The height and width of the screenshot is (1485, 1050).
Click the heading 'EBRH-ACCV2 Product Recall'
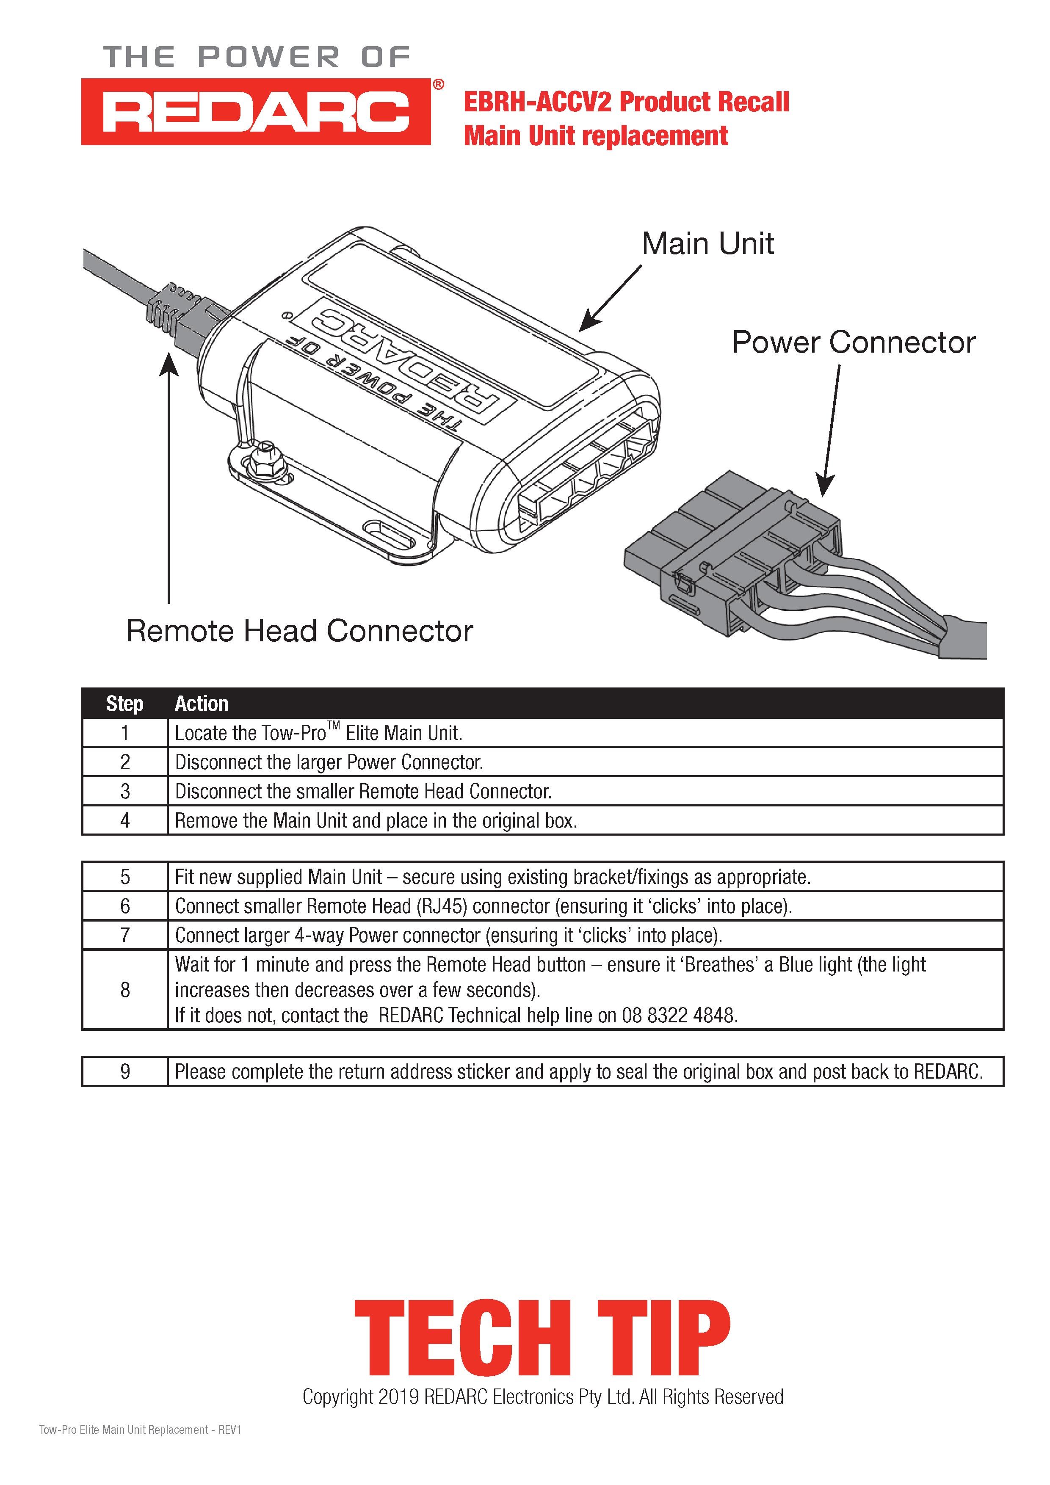[626, 102]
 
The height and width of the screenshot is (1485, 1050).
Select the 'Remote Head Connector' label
[299, 631]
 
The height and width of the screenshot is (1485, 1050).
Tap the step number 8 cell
[125, 990]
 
